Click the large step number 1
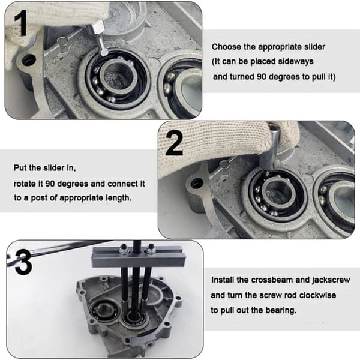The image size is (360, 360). pyautogui.click(x=21, y=23)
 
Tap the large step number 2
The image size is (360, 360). pyautogui.click(x=175, y=143)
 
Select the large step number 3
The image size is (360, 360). pyautogui.click(x=23, y=262)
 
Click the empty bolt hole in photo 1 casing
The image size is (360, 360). pyautogui.click(x=29, y=60)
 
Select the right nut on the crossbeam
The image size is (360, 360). pyautogui.click(x=151, y=249)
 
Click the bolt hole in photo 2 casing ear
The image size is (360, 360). pyautogui.click(x=197, y=183)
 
